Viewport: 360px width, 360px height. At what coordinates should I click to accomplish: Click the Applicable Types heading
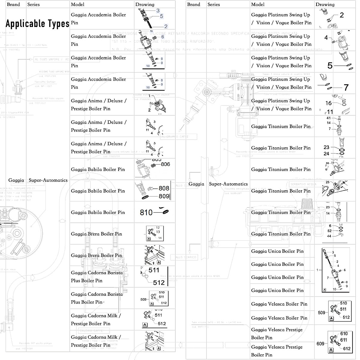click(37, 24)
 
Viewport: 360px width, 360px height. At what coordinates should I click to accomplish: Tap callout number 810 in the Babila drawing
click(146, 212)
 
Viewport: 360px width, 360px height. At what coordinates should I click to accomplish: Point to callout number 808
click(164, 188)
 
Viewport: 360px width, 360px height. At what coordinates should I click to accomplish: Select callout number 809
click(164, 196)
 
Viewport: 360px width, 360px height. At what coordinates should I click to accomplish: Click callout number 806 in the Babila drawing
click(165, 164)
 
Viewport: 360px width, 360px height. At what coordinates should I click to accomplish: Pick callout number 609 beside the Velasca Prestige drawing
click(320, 343)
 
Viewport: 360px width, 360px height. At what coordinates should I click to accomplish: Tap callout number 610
click(344, 334)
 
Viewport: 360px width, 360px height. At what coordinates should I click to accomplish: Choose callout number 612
click(346, 349)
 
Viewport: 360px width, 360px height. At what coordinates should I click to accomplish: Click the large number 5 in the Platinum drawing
click(330, 66)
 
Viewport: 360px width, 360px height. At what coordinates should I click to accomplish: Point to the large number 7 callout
click(346, 87)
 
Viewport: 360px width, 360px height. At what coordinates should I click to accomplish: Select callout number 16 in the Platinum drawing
click(328, 103)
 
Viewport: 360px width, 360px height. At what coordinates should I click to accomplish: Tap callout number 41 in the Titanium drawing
click(328, 118)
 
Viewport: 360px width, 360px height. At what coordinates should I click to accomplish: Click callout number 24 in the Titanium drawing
click(326, 154)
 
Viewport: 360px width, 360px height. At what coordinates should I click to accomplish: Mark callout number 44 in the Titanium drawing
click(329, 236)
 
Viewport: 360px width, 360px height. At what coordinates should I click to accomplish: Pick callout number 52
click(329, 231)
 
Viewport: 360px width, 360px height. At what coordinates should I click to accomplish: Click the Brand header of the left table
click(13, 4)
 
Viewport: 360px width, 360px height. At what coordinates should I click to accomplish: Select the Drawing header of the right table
click(325, 4)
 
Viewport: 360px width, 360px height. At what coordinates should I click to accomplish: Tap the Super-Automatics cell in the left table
click(48, 180)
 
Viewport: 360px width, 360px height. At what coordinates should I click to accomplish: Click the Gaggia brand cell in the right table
click(196, 184)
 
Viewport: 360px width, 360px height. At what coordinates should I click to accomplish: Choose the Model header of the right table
click(258, 4)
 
